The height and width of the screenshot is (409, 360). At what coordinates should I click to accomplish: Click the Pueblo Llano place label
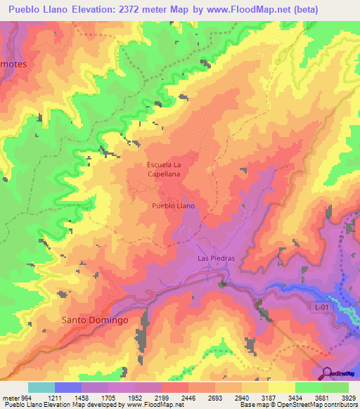tap(173, 206)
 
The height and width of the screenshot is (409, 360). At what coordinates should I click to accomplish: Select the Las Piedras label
tap(215, 258)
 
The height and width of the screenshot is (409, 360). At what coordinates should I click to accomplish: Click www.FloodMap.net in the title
tap(245, 10)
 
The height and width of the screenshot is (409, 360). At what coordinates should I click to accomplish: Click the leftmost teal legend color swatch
tap(41, 387)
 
